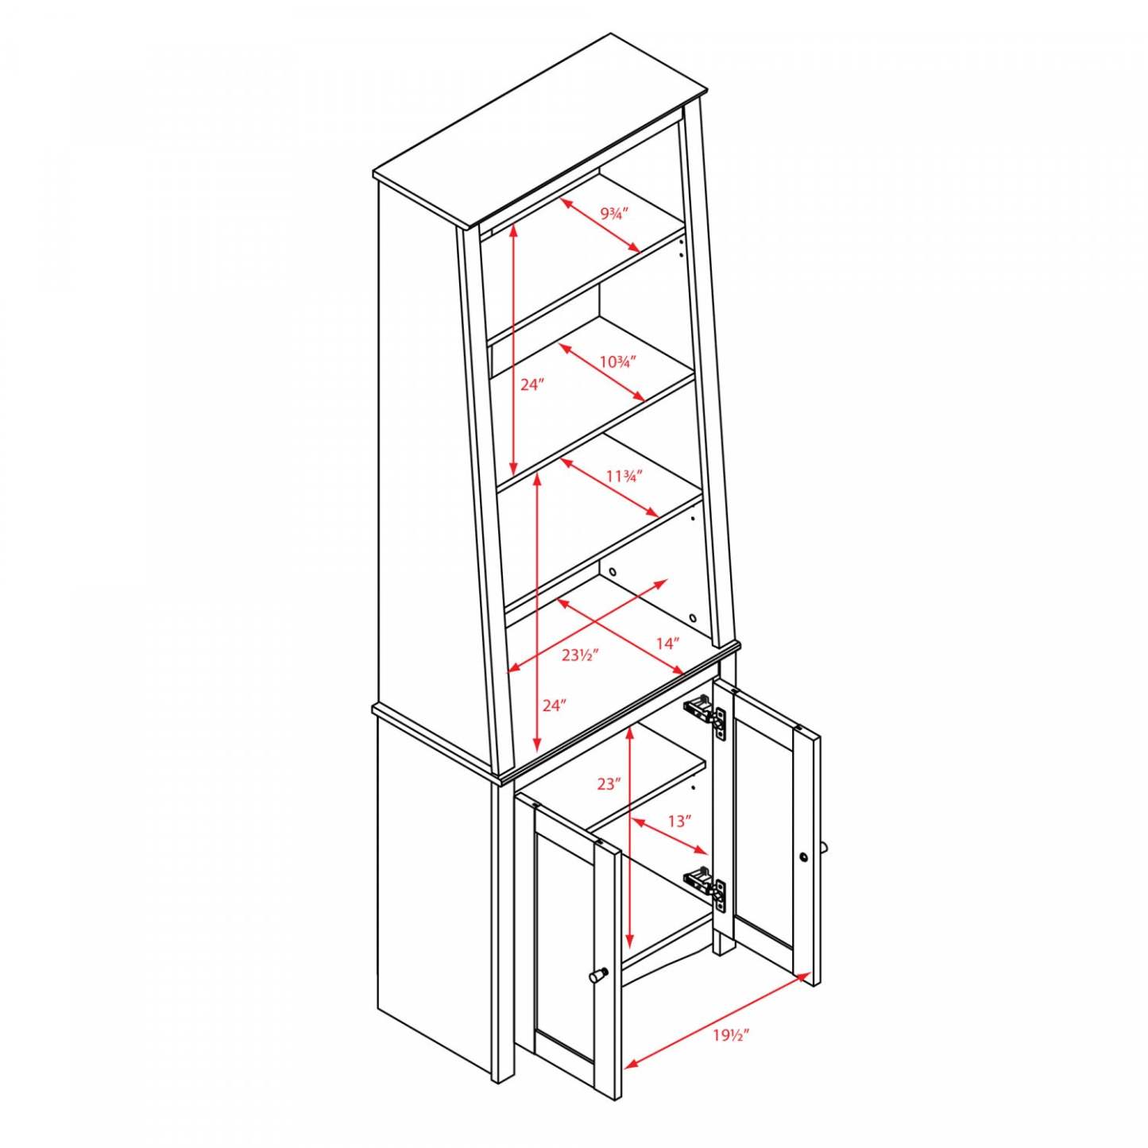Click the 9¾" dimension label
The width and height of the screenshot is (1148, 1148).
coord(614,214)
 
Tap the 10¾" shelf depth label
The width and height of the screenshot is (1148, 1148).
coord(617,362)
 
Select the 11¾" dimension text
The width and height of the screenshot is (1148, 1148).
coord(623,477)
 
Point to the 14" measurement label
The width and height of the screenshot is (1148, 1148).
coord(667,644)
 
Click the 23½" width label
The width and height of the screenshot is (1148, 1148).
coord(579,655)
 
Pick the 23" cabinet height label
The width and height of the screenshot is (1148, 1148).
coord(609,784)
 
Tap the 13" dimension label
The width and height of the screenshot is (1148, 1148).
coord(678,821)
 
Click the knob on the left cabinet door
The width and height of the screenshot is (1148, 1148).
coord(598,974)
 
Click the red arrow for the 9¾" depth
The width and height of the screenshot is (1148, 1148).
coord(600,226)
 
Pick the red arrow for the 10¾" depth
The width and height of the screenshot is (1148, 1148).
coord(601,372)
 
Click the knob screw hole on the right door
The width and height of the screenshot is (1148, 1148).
coord(804,857)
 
